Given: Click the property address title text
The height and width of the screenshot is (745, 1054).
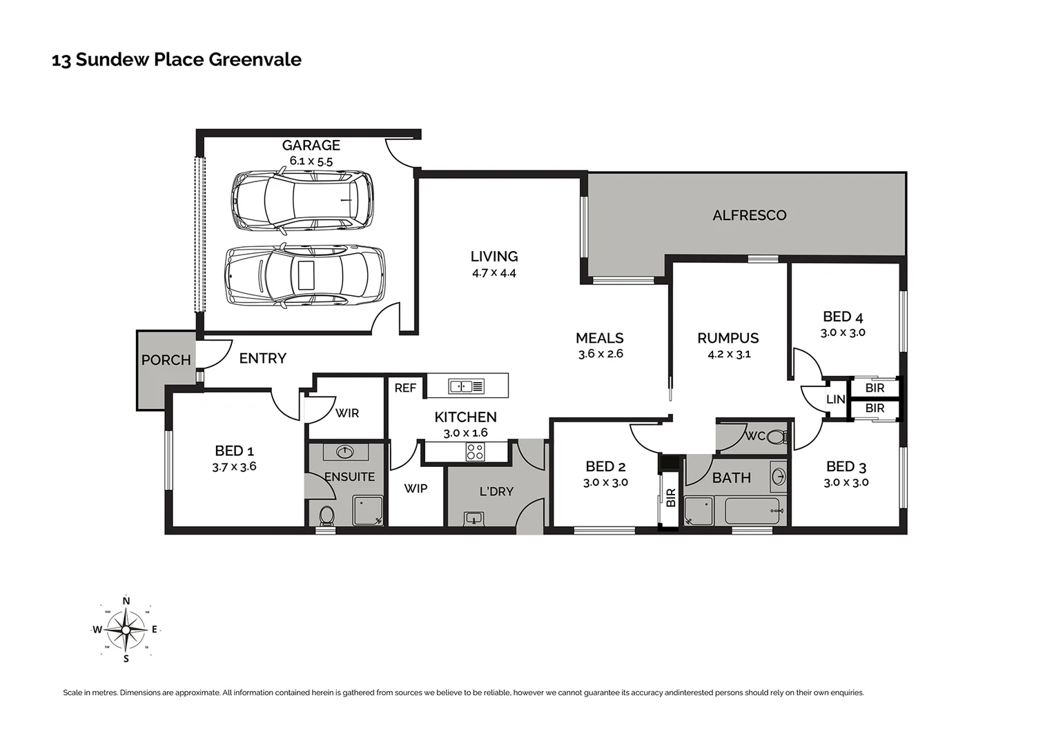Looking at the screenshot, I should [x=177, y=60].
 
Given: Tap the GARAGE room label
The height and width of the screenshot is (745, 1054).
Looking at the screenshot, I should [x=311, y=145].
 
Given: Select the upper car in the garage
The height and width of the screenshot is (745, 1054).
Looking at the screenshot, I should [x=302, y=200].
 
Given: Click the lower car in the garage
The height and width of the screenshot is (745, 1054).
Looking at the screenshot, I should [x=305, y=276].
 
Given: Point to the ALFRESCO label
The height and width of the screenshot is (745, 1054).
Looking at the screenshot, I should [x=749, y=215].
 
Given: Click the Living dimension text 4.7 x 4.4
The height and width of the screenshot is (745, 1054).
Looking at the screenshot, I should [x=494, y=273].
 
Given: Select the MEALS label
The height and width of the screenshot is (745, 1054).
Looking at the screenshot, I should [x=599, y=338].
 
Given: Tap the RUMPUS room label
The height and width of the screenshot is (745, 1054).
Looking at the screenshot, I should [x=728, y=338].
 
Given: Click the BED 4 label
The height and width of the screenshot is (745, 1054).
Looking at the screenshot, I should [x=842, y=317].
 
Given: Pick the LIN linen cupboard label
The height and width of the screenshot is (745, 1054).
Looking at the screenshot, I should [x=835, y=399].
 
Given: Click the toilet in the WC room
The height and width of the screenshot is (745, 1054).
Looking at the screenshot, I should [x=777, y=437].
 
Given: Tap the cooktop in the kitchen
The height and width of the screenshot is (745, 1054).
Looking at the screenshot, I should [x=475, y=452].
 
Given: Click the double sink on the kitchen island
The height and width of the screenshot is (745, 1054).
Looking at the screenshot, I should [x=467, y=386].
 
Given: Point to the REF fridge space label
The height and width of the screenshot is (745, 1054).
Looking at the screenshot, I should [x=405, y=388].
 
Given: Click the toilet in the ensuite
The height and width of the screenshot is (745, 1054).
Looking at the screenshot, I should [x=326, y=515].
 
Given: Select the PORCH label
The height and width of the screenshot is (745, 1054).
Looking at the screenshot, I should [x=166, y=360].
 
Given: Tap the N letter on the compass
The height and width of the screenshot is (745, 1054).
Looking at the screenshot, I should [x=126, y=601].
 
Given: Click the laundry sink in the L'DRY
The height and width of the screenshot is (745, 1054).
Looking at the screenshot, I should [x=474, y=517].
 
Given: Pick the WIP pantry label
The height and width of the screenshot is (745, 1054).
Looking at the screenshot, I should [x=415, y=488].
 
